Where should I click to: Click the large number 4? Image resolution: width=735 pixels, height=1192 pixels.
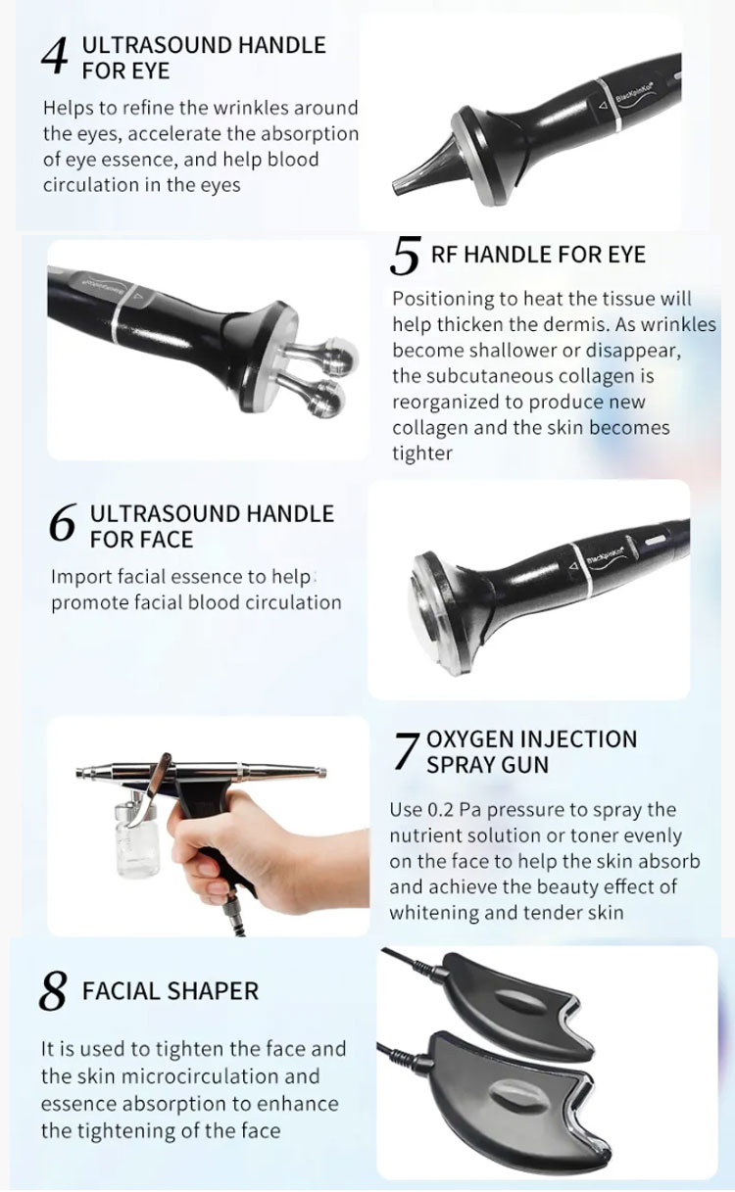pos(54,58)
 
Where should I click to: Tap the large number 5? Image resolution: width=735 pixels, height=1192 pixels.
pos(405,257)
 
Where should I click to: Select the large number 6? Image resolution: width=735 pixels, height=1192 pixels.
pos(62,523)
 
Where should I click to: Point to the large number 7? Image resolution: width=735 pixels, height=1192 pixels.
pos(407,752)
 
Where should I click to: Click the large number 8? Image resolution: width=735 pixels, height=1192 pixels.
pos(53,990)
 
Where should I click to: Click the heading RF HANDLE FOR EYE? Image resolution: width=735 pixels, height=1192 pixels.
pos(538,255)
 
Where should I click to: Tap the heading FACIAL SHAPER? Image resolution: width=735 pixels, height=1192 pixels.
pos(171,991)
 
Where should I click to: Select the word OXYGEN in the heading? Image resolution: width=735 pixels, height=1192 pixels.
pos(468,739)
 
